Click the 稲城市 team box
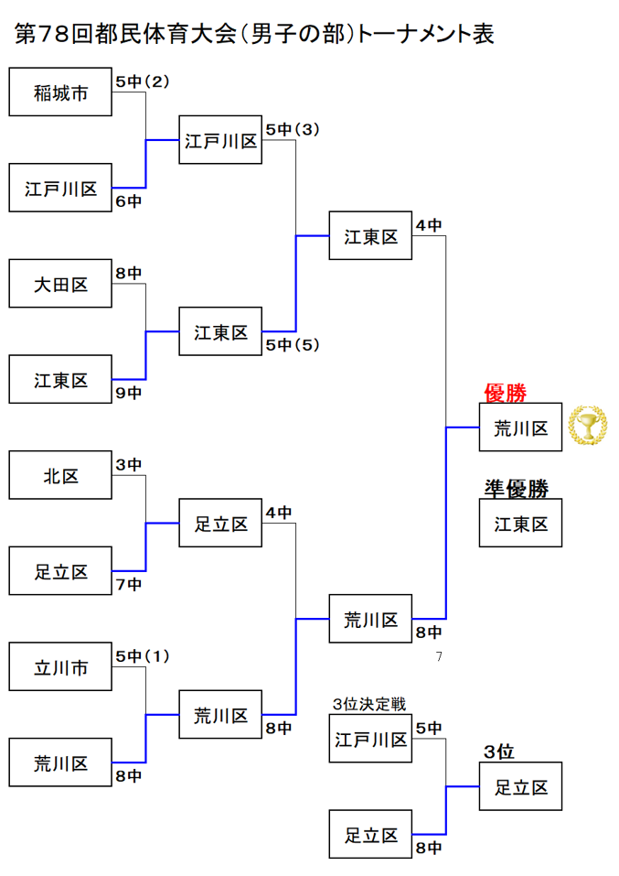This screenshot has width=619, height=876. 60,92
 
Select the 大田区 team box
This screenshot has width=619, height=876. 60,285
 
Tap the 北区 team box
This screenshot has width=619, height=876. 60,476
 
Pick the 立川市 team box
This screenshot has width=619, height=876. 60,668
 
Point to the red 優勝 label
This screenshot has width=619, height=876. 505,394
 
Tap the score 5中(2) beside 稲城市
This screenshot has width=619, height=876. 144,81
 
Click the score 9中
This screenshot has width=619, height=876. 129,393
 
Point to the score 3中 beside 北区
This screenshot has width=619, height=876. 129,465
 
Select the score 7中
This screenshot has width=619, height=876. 129,584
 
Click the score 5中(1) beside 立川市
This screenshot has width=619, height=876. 144,656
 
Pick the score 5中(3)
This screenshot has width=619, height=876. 293,129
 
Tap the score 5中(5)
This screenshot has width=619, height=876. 293,345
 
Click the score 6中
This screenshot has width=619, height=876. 129,200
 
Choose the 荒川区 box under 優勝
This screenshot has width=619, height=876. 520,427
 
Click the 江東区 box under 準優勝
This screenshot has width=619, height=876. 520,524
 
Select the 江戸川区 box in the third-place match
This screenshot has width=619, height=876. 370,739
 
